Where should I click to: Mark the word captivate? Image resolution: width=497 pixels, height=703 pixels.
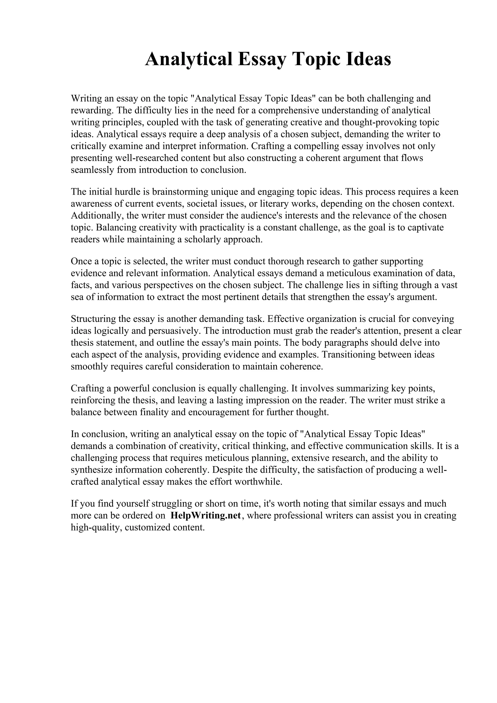[x=426, y=228]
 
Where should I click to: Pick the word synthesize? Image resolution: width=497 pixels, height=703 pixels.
[x=92, y=470]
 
